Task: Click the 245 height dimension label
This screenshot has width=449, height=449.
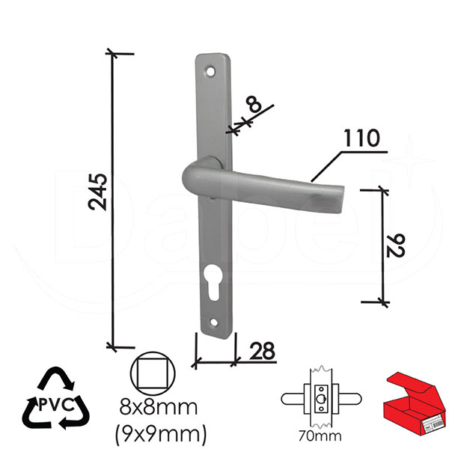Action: (x=98, y=192)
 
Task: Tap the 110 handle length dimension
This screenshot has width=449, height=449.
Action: (x=361, y=138)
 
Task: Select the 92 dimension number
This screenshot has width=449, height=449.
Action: (x=395, y=245)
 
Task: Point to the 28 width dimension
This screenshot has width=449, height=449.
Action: (x=263, y=351)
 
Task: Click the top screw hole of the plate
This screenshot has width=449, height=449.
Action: (x=210, y=71)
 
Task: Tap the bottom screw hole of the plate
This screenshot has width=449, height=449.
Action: (x=214, y=323)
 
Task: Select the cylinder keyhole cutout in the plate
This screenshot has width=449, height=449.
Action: (x=213, y=282)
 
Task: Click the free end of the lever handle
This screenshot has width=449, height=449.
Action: (x=338, y=199)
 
